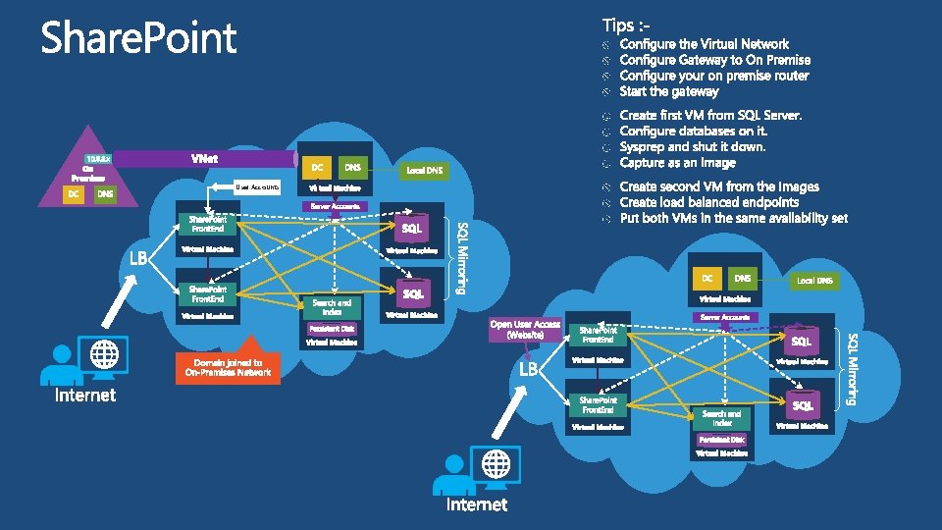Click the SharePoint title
[138, 39]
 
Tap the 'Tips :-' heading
[624, 23]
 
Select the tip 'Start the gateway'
[669, 91]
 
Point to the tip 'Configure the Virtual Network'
[704, 44]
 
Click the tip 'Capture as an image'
[677, 163]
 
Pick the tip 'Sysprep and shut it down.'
[693, 147]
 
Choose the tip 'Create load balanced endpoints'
[708, 202]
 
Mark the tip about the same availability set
[733, 218]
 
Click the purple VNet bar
[206, 158]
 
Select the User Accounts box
[257, 186]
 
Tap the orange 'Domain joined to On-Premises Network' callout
[228, 367]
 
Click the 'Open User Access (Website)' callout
[526, 329]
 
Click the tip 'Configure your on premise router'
[713, 76]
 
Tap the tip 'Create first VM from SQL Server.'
[710, 116]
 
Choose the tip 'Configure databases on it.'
[693, 132]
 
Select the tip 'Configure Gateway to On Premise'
[714, 60]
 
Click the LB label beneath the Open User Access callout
[529, 369]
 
